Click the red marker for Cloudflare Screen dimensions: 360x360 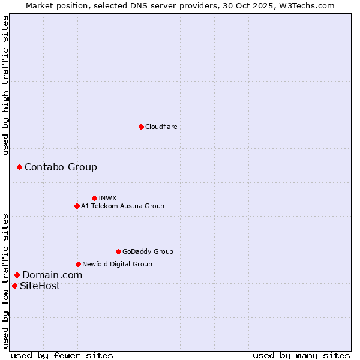(x=141, y=127)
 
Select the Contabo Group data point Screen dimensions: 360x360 (x=19, y=167)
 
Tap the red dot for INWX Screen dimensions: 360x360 (x=94, y=198)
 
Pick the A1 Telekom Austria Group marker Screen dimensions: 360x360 (x=77, y=206)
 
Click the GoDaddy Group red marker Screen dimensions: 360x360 (x=118, y=251)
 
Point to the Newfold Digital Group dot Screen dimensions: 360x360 (x=78, y=264)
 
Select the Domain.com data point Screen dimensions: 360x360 (x=17, y=275)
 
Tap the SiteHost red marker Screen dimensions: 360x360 (x=14, y=286)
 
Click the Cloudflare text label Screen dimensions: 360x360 (x=161, y=127)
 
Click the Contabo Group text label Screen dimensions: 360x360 (x=61, y=167)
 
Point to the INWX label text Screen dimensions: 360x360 (x=107, y=198)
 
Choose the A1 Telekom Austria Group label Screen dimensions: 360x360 (x=122, y=206)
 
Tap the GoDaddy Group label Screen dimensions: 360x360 (x=148, y=251)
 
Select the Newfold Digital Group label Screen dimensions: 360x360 (x=117, y=264)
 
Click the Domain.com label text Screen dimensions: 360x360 (x=52, y=275)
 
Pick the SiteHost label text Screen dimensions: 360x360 (x=40, y=286)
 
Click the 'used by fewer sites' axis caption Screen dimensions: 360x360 (x=62, y=355)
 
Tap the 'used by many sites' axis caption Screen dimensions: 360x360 (x=301, y=355)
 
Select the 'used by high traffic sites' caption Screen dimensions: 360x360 (x=5, y=85)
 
